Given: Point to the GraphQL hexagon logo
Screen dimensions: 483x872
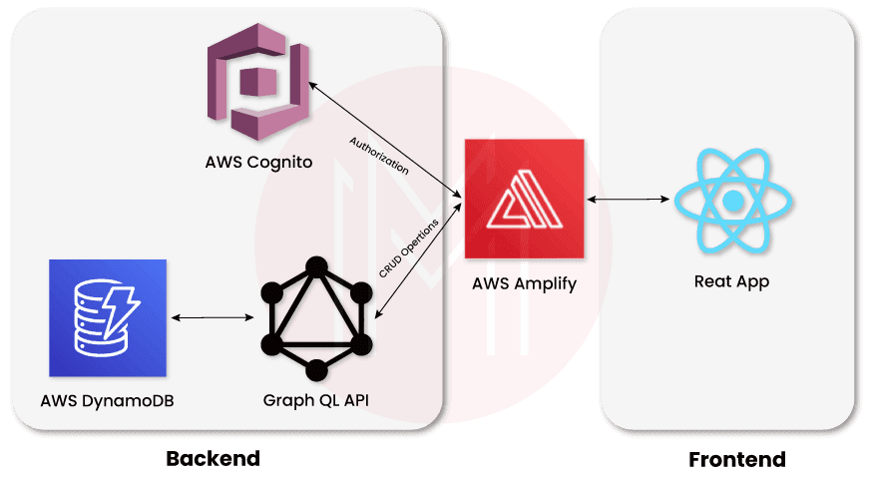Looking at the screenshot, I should (x=317, y=316).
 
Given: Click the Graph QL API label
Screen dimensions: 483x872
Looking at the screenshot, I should (x=316, y=401).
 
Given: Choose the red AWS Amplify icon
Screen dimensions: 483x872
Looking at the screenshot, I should (x=525, y=201).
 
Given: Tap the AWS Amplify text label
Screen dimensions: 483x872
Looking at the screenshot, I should (x=525, y=284).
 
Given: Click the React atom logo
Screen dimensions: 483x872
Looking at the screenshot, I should (x=733, y=202).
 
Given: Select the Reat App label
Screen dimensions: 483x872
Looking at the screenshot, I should (x=731, y=282).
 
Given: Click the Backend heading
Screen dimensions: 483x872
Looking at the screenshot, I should (x=213, y=459).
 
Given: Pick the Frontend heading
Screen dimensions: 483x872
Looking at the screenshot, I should (x=737, y=460).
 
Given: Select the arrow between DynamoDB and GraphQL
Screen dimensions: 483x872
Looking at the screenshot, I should (x=212, y=318).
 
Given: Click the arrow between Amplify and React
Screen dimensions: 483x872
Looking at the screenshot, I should (x=628, y=201).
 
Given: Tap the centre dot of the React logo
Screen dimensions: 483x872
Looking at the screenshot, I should (x=733, y=202).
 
